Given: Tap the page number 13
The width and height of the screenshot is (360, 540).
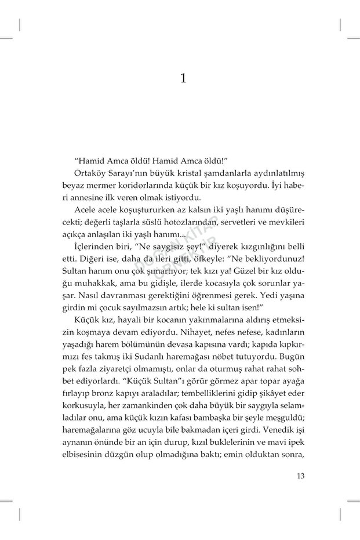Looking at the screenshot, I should click(x=300, y=477).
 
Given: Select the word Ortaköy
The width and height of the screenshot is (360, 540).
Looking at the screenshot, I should click(x=92, y=173).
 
